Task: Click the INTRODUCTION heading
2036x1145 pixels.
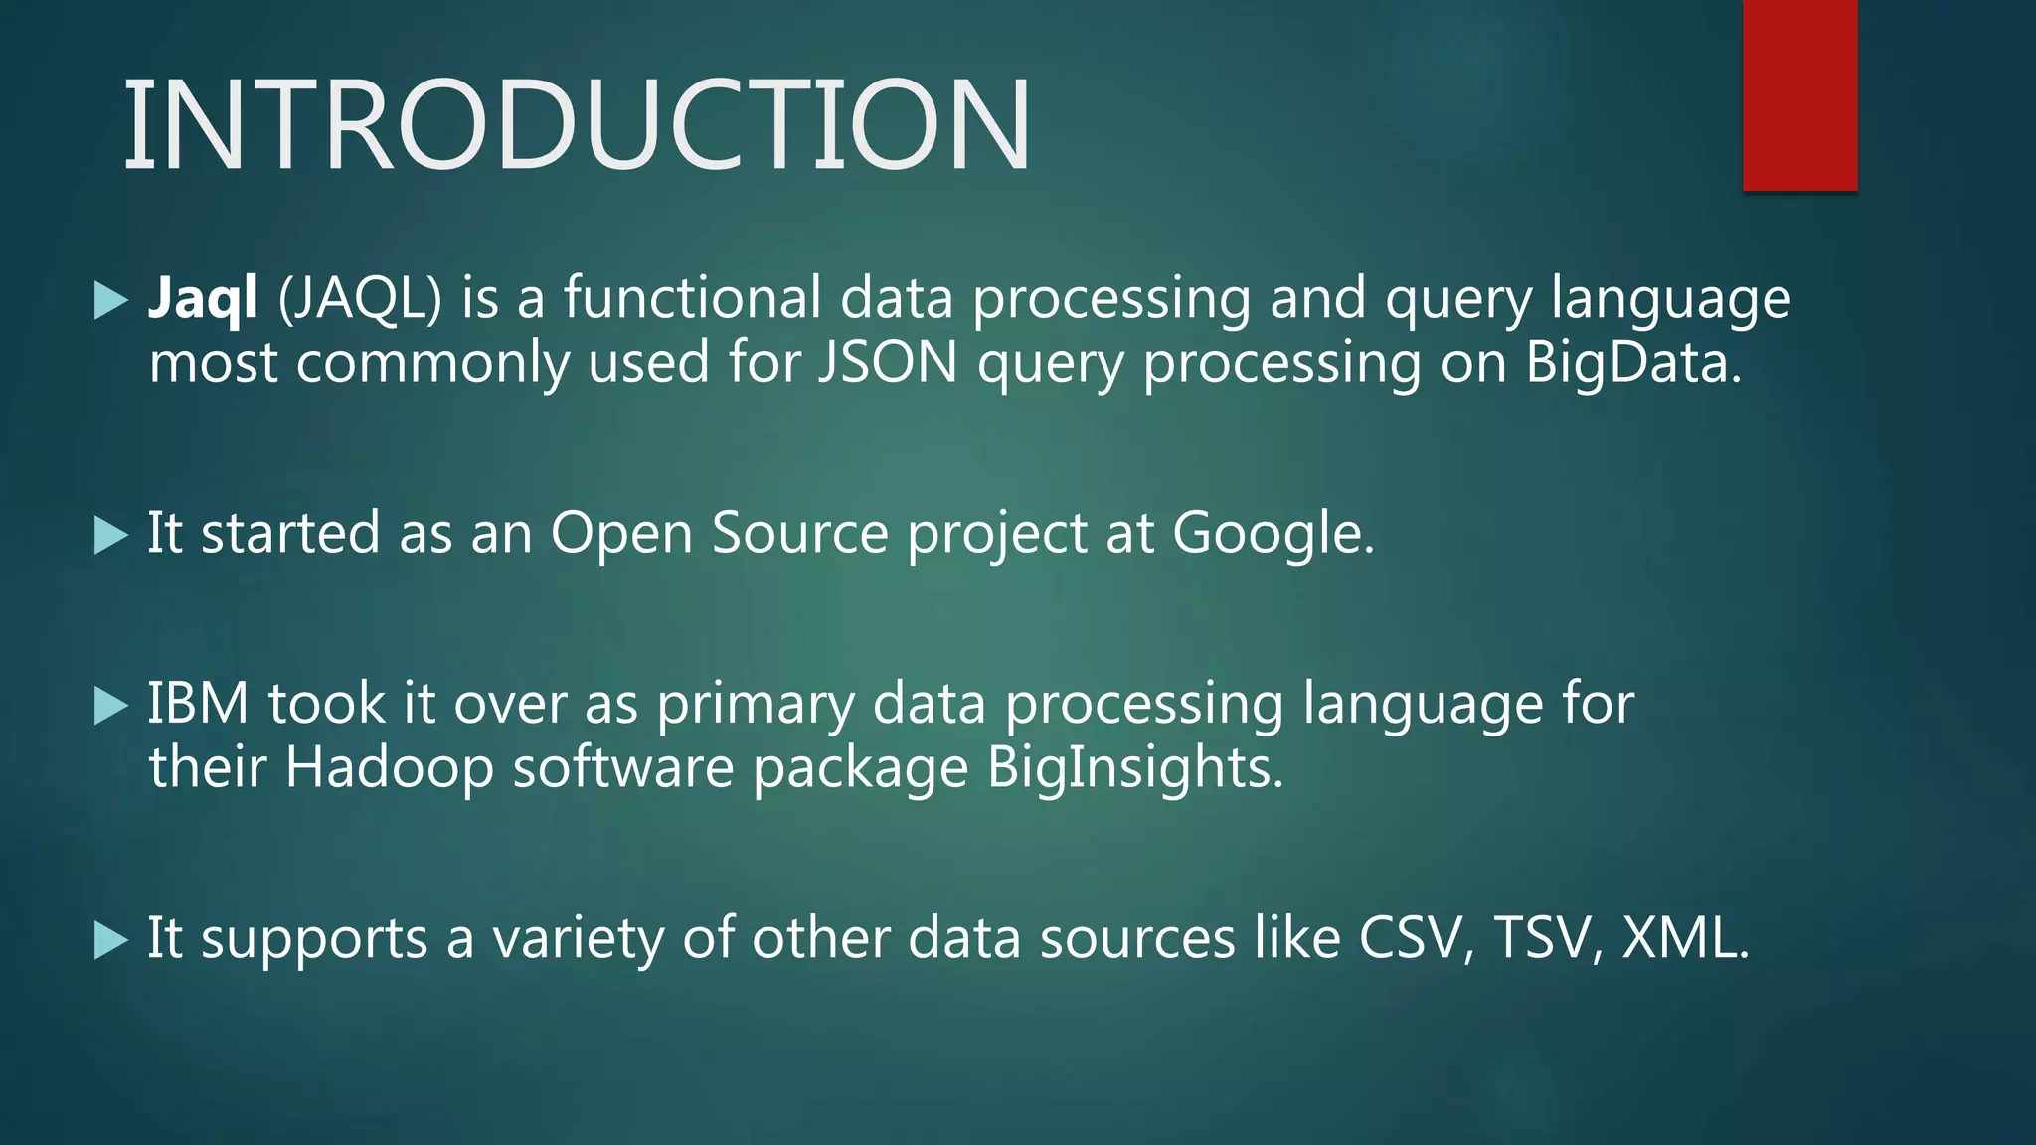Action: tap(577, 126)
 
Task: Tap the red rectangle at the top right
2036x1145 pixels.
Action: tap(1799, 94)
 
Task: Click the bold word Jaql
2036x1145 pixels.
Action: tap(203, 298)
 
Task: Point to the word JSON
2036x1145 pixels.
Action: tap(888, 362)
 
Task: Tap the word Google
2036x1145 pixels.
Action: tap(1272, 534)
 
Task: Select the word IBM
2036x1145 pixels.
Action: tap(198, 704)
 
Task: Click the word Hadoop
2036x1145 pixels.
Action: tap(389, 768)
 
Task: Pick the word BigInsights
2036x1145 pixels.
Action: tap(1134, 768)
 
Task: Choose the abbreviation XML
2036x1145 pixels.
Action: tap(1683, 937)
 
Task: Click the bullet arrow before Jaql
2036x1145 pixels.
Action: tap(110, 300)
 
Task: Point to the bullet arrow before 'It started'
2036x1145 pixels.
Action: tap(110, 536)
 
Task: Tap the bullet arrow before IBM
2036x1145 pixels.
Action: tap(110, 707)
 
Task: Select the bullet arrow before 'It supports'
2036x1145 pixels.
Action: tap(110, 940)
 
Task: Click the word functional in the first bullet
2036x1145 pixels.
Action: tap(692, 298)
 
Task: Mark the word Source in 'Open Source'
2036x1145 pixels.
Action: tap(799, 534)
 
